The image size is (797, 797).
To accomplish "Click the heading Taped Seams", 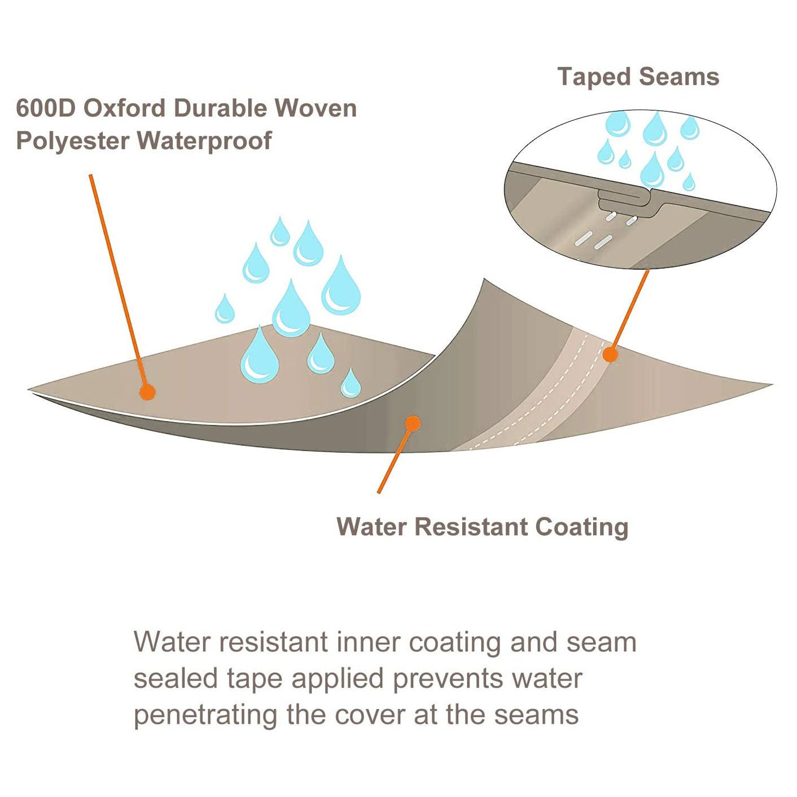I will click(x=638, y=77).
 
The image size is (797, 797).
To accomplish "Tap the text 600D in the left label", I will click(x=45, y=108).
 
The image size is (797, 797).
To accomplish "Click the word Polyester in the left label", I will click(x=72, y=141).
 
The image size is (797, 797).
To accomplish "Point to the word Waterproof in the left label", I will click(x=204, y=141).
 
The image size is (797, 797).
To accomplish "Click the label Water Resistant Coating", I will click(x=482, y=527).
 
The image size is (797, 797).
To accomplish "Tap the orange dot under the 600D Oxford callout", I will click(x=147, y=392).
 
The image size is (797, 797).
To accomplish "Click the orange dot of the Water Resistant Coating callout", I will click(x=413, y=423).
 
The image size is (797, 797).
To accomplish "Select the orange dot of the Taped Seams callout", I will click(x=610, y=354).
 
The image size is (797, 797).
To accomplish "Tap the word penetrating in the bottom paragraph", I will click(x=205, y=715).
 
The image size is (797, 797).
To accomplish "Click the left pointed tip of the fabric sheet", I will click(x=30, y=390).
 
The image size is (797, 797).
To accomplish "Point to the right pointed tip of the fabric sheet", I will click(x=769, y=386).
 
